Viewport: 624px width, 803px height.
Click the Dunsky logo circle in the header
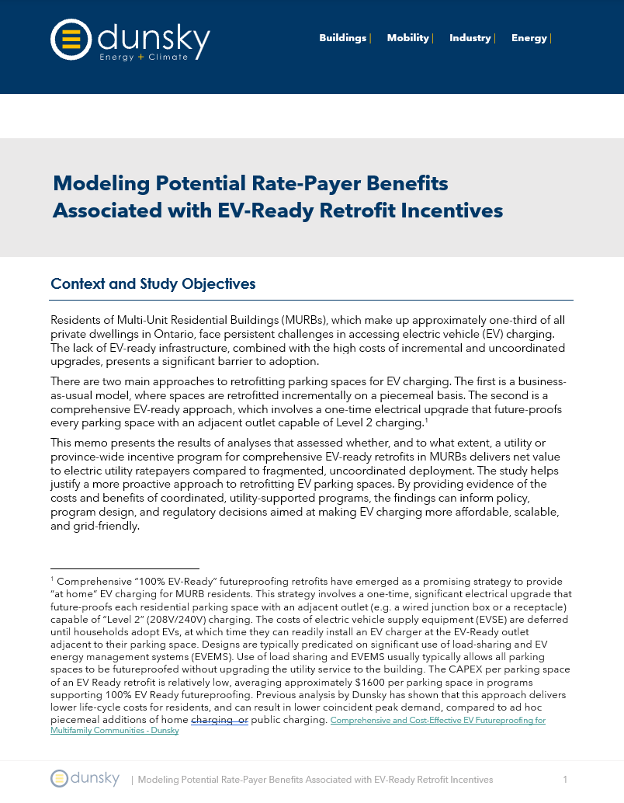point(71,39)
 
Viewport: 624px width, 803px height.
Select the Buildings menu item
point(342,38)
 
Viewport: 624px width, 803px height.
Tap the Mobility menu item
point(407,38)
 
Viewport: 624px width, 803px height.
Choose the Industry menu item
point(470,38)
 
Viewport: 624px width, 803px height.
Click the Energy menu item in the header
point(529,38)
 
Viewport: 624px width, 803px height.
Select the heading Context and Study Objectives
point(153,284)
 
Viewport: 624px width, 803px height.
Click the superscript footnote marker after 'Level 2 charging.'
point(426,419)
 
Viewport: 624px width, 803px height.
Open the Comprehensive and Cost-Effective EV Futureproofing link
point(438,721)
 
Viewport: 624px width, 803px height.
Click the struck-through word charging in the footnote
point(217,720)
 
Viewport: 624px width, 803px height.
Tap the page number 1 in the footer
point(565,780)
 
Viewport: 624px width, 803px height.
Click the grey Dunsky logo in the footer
point(85,779)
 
